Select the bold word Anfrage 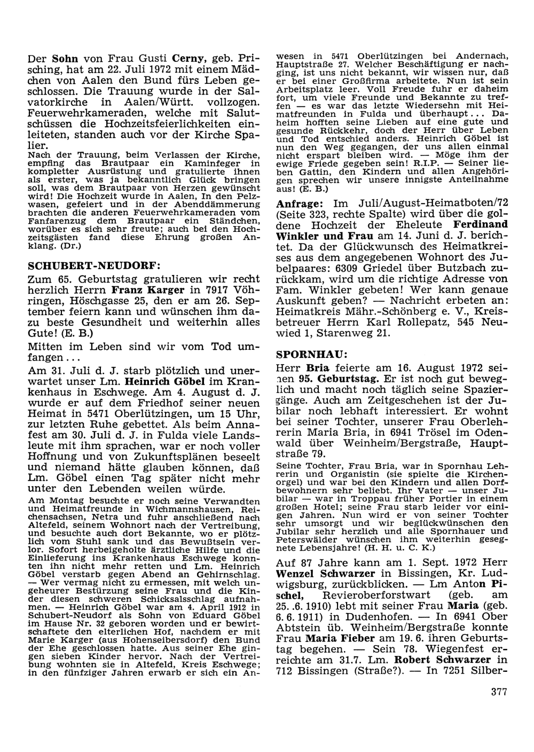[301, 205]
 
